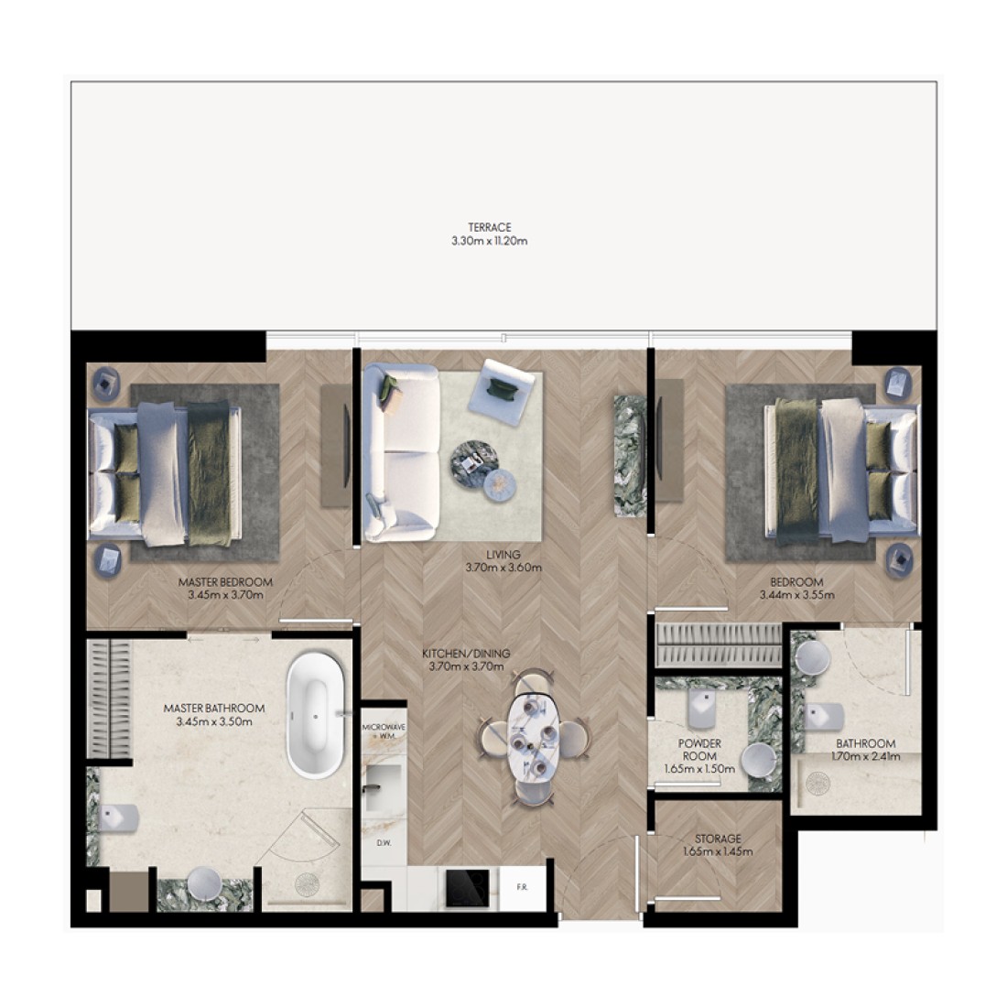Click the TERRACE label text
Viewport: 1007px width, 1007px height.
(490, 227)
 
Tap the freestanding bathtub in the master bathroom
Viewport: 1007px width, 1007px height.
(315, 716)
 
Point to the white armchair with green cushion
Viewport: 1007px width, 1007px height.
(501, 392)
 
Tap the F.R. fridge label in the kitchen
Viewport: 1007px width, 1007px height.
(522, 888)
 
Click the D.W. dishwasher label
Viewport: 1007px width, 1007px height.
(384, 842)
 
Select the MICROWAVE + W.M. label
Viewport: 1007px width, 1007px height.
(384, 731)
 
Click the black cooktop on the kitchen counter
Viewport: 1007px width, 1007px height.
(468, 888)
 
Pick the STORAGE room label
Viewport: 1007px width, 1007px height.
(718, 839)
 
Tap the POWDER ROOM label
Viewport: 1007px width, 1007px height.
(699, 750)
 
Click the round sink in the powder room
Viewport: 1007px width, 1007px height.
(760, 762)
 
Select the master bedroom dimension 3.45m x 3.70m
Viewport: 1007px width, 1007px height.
(225, 595)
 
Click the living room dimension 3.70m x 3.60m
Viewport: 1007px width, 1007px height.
(503, 568)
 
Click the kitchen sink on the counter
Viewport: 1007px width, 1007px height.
(384, 788)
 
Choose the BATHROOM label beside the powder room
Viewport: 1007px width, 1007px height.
(865, 743)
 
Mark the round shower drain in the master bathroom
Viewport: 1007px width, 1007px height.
(307, 885)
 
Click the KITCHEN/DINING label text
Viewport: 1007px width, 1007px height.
(466, 654)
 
